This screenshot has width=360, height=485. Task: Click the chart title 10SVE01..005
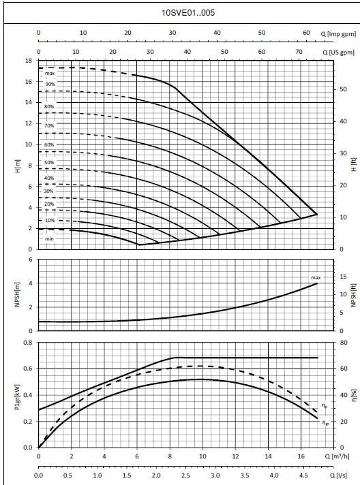tap(188, 13)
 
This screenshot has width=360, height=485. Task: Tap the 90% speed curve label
tap(50, 84)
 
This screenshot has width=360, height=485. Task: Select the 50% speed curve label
tap(49, 162)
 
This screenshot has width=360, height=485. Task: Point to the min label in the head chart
tap(49, 239)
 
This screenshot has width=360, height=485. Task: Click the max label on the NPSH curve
tap(316, 278)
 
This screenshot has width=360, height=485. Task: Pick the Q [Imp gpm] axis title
tap(338, 33)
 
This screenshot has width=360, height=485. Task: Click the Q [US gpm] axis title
tap(338, 52)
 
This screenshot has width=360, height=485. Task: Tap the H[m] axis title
tap(18, 166)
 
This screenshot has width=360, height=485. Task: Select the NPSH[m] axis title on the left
tap(17, 294)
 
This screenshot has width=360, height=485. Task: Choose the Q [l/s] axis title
tap(338, 475)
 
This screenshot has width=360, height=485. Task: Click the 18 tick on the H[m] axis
tap(29, 61)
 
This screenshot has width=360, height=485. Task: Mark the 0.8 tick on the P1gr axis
tap(28, 343)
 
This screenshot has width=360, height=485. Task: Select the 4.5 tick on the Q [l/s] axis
tap(303, 475)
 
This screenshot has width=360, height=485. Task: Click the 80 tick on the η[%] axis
tap(344, 343)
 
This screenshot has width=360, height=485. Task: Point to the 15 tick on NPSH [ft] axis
tap(343, 277)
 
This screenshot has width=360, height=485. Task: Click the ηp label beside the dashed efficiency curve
tap(325, 406)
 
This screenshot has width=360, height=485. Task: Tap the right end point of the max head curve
tap(317, 214)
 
